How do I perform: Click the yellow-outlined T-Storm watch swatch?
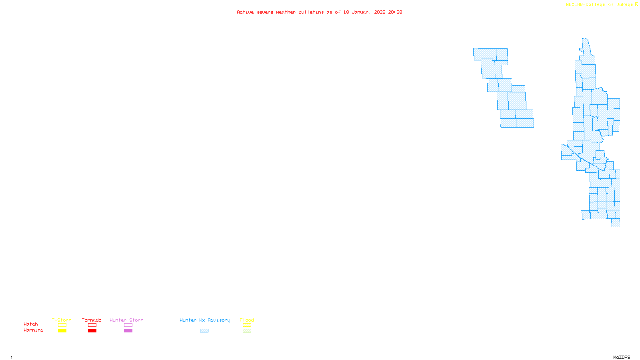pyautogui.click(x=62, y=325)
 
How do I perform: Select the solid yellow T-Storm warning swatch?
pyautogui.click(x=62, y=331)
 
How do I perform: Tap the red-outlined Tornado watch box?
pyautogui.click(x=92, y=325)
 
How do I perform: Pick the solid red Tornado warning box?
pyautogui.click(x=92, y=331)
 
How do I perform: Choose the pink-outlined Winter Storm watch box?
pyautogui.click(x=128, y=325)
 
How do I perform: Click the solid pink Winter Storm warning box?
pyautogui.click(x=128, y=331)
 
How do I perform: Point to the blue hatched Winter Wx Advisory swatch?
pyautogui.click(x=204, y=331)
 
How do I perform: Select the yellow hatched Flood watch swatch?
pyautogui.click(x=247, y=325)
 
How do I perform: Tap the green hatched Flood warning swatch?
pyautogui.click(x=247, y=331)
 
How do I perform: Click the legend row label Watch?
pyautogui.click(x=31, y=324)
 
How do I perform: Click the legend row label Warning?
pyautogui.click(x=34, y=330)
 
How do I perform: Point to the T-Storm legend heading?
pyautogui.click(x=62, y=320)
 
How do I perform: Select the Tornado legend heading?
pyautogui.click(x=92, y=320)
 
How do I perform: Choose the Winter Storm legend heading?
pyautogui.click(x=126, y=320)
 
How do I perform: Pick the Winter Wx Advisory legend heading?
pyautogui.click(x=205, y=320)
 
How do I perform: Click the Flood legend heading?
pyautogui.click(x=247, y=320)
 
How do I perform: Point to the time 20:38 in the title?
pyautogui.click(x=395, y=12)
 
